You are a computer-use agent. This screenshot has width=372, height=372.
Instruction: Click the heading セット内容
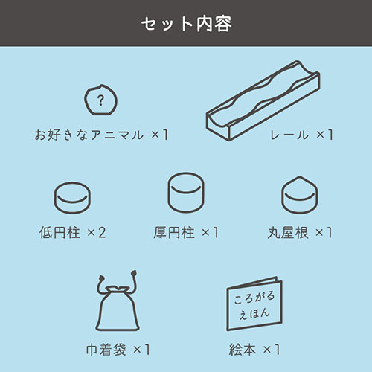[x=186, y=24]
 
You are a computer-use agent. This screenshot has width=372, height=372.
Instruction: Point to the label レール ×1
[x=300, y=135]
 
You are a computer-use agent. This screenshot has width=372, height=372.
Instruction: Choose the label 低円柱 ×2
[x=73, y=233]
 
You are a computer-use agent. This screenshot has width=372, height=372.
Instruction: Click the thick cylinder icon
[x=185, y=192]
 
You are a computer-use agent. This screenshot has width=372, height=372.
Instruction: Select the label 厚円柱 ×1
[x=185, y=233]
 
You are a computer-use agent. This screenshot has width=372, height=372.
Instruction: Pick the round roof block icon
[x=298, y=194]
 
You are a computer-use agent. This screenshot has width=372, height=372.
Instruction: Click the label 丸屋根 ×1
[x=299, y=233]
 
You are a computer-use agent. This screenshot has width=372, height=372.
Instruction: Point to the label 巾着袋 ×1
[x=118, y=348]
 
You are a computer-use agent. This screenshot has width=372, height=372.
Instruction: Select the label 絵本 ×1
[x=254, y=348]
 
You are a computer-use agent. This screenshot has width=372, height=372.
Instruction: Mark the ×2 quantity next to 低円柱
[x=97, y=233]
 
